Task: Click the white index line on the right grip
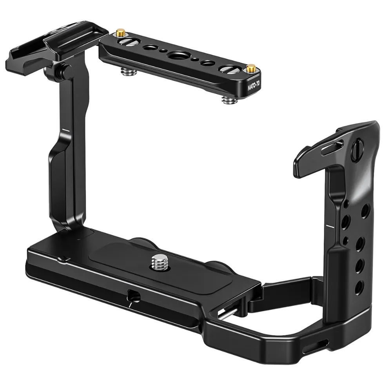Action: coord(329,226)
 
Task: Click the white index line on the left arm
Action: coord(65,129)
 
